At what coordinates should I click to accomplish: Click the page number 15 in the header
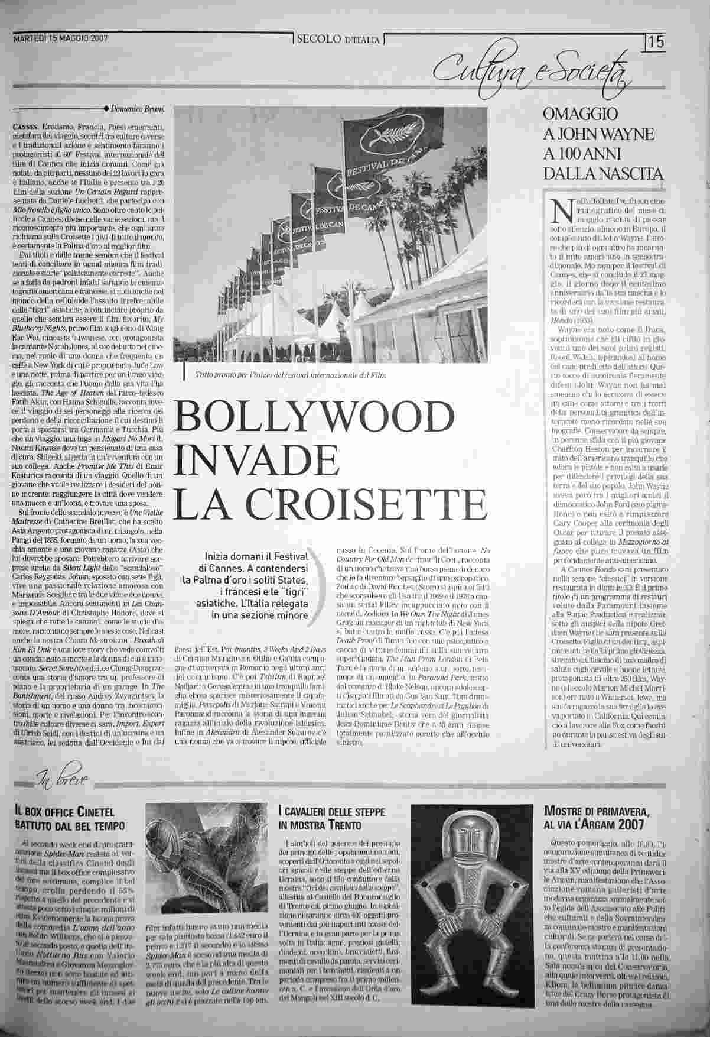(656, 43)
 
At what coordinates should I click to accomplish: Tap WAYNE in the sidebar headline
(627, 134)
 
